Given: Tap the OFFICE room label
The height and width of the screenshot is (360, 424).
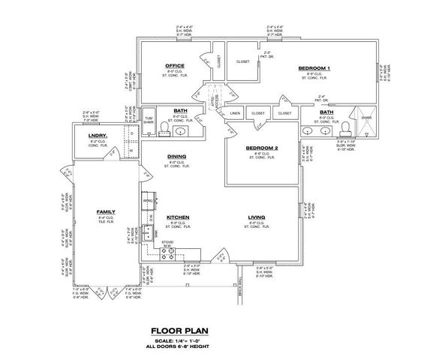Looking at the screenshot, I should [174, 66].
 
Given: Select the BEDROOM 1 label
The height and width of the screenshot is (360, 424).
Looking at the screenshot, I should [314, 68].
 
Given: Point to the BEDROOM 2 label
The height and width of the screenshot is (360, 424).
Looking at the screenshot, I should [262, 148].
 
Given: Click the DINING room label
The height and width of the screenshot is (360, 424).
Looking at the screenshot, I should [176, 157].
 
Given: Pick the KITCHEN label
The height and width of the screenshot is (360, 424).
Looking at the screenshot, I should [178, 217].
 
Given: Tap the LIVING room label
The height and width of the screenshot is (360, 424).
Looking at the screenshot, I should [257, 217].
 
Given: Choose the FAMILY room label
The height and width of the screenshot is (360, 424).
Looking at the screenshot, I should [105, 212].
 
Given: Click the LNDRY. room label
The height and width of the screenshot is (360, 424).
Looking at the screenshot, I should [98, 135].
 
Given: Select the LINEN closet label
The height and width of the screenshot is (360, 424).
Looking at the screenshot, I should [235, 113].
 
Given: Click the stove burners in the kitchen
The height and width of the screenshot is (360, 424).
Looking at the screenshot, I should [160, 253].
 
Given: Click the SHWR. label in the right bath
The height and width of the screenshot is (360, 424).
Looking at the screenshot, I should [365, 118].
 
